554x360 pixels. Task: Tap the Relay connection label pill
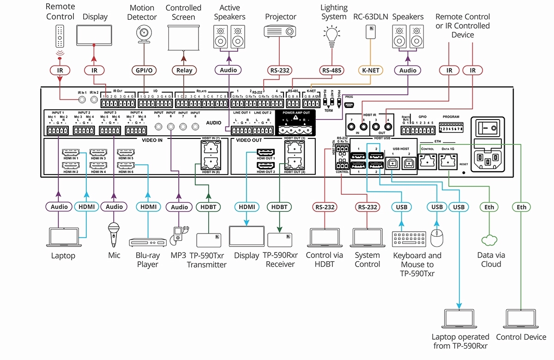[x=184, y=70]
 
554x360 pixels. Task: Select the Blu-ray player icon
[x=147, y=242]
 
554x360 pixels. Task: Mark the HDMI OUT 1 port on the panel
[x=266, y=153]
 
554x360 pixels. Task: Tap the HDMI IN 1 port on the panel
[x=71, y=153]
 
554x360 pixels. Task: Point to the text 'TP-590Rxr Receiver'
[x=280, y=259]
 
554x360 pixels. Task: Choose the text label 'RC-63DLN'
[x=370, y=17]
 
